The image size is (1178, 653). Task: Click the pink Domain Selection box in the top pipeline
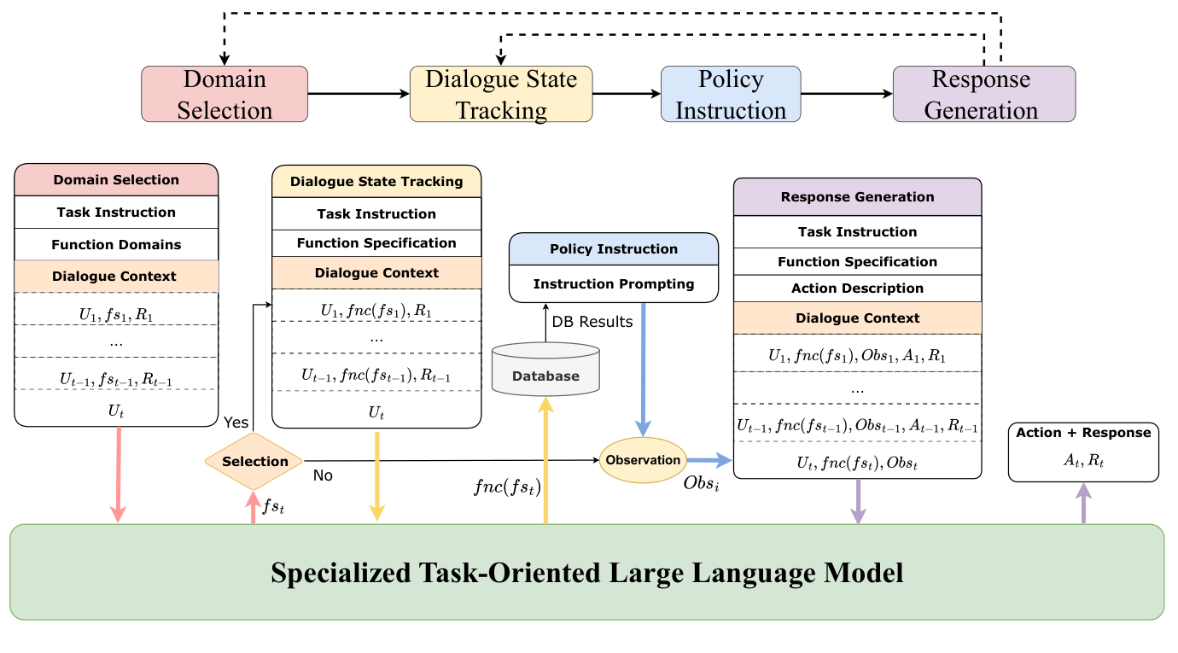tap(225, 94)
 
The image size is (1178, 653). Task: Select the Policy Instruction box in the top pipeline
tap(731, 95)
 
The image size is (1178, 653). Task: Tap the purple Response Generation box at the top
tap(983, 95)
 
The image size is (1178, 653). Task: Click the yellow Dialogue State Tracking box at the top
tap(501, 95)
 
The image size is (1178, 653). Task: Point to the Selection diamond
tap(254, 461)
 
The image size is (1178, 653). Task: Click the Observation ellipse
tap(643, 460)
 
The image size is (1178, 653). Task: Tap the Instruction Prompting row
tap(614, 283)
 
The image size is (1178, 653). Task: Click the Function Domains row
tap(116, 244)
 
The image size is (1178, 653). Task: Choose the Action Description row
tap(857, 289)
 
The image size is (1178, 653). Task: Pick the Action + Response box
tap(1083, 452)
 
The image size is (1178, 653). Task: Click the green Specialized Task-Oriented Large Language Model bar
tap(587, 572)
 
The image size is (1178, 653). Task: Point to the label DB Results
tap(592, 322)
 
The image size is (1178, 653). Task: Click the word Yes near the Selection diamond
tap(236, 423)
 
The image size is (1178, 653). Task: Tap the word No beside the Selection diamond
tap(323, 475)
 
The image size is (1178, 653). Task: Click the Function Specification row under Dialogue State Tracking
tap(376, 243)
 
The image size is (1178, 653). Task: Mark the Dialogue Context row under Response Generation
tap(857, 318)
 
